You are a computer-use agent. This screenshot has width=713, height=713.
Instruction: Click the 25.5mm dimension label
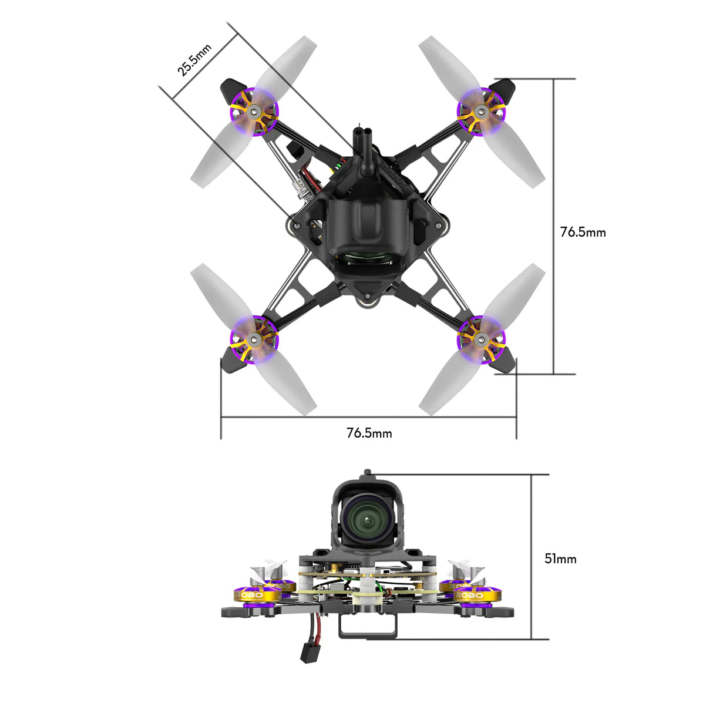[194, 60]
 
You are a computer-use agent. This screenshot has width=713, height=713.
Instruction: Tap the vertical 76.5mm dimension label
[583, 232]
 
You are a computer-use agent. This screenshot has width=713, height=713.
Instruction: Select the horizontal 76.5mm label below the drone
[369, 433]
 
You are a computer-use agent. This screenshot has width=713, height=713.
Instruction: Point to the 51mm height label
[560, 559]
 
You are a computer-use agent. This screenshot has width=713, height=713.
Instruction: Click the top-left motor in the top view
[254, 111]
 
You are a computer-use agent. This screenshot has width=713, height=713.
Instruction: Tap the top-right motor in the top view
[481, 110]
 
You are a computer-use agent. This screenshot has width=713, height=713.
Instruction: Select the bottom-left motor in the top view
[254, 339]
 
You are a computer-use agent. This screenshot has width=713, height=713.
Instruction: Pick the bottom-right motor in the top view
[481, 338]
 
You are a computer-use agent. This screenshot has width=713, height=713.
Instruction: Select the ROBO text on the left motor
[249, 596]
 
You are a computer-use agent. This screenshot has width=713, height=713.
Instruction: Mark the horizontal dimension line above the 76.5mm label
[368, 418]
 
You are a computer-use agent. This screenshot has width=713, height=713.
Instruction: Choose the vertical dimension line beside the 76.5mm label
[554, 226]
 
